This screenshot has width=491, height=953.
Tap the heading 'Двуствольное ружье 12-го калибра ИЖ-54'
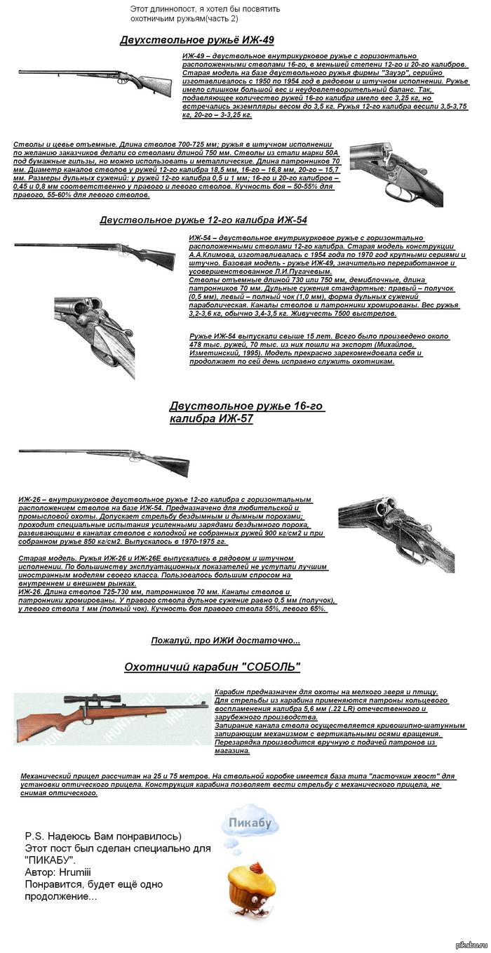tap(203, 220)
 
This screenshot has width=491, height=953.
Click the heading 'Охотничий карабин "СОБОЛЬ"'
tap(212, 666)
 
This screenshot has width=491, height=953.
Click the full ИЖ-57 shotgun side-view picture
tap(104, 460)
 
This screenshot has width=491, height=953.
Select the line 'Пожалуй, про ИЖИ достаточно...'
tap(225, 640)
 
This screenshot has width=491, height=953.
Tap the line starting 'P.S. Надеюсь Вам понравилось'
tap(103, 836)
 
